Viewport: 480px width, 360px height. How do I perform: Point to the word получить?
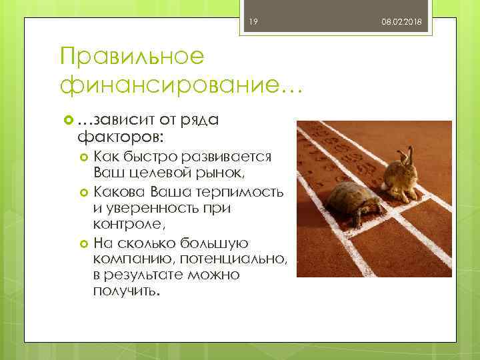[x=126, y=292]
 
